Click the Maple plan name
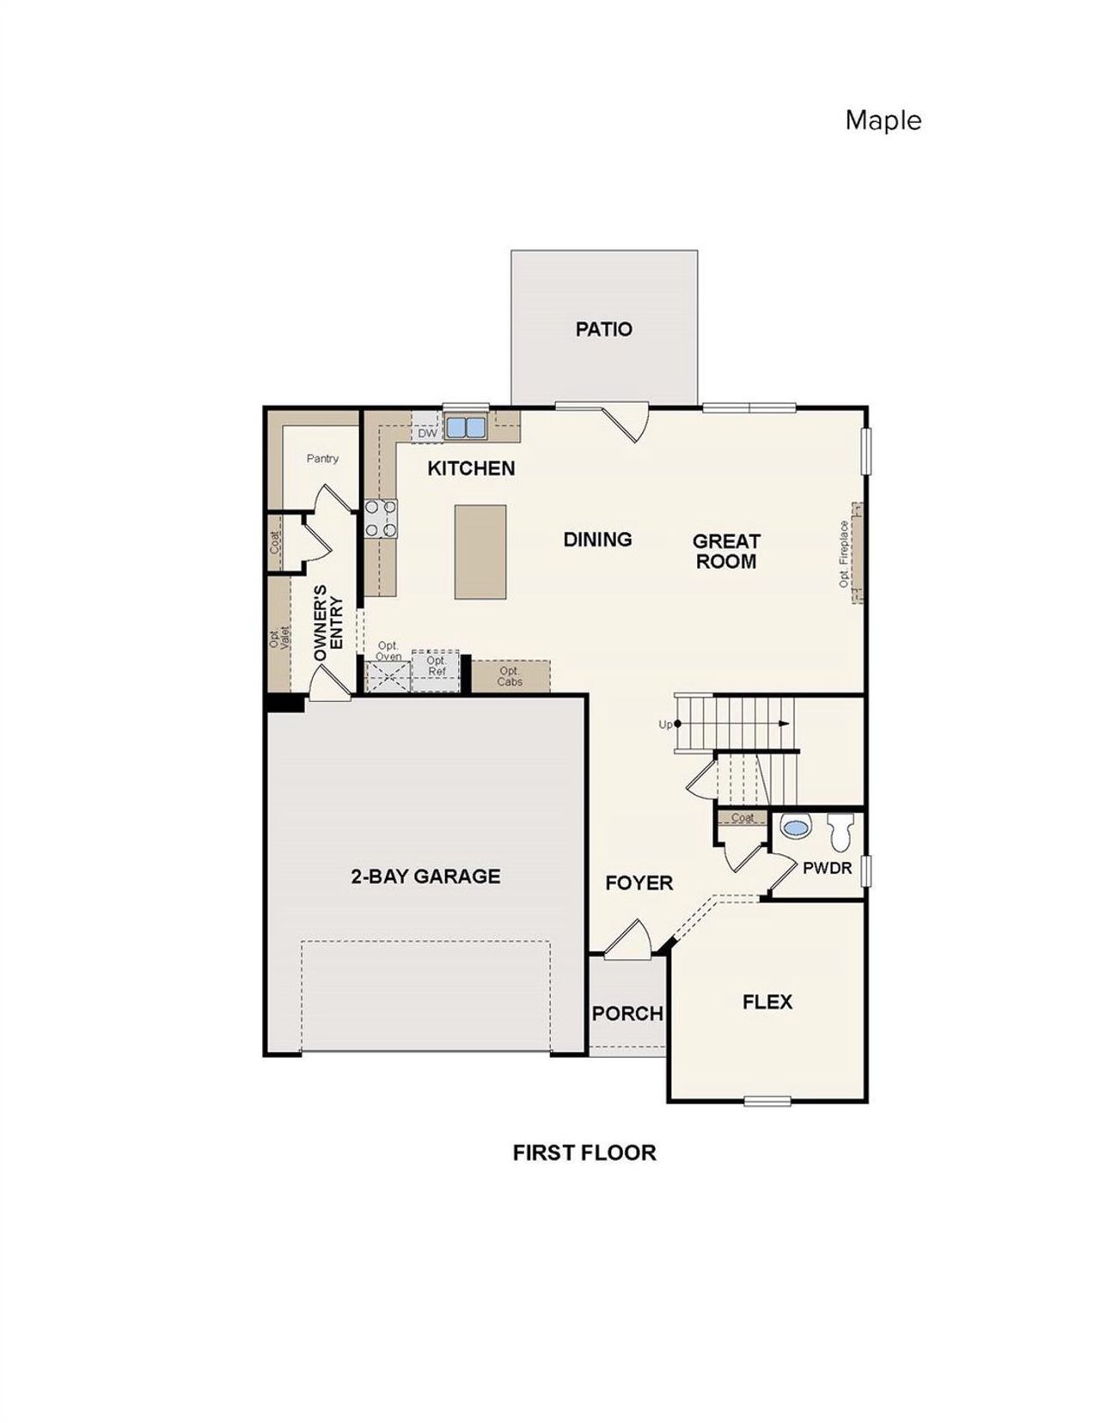883,120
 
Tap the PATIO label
603,329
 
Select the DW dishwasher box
427,433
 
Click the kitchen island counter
480,552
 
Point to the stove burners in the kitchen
381,519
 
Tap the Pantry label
322,459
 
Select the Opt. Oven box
388,671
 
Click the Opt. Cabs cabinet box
510,676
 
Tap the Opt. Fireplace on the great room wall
855,553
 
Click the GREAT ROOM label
726,551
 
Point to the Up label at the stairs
665,724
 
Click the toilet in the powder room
840,832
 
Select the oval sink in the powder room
796,828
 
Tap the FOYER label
639,883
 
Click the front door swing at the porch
629,940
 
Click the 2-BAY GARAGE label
425,876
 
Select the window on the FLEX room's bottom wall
767,1101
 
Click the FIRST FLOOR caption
584,1153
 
